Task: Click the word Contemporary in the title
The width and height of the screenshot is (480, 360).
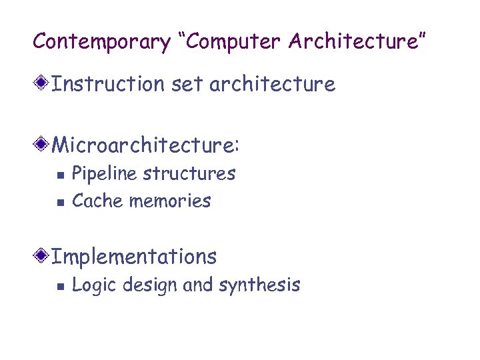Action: tap(102, 41)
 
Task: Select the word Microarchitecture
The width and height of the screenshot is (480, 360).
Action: tap(145, 145)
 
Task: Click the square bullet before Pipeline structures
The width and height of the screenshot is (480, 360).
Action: tap(59, 175)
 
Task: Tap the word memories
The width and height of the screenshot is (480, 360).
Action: tap(170, 201)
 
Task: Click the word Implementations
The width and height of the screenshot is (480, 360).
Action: tap(134, 257)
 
